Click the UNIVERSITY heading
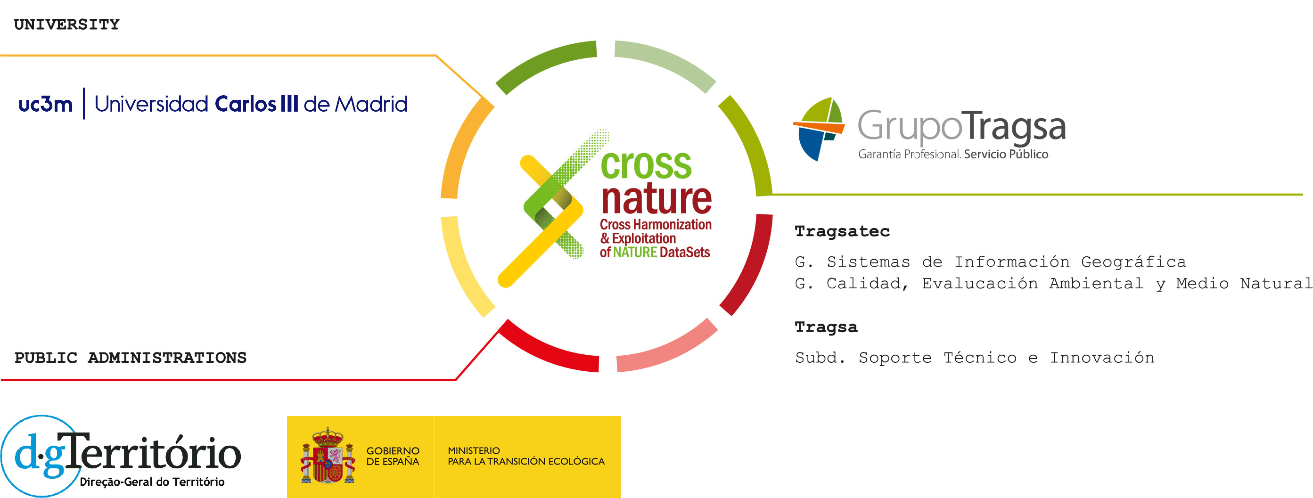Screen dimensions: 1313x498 67,24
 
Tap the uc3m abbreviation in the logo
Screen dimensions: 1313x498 45,104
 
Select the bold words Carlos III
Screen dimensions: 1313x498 256,104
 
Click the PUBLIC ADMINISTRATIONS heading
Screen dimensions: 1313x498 131,358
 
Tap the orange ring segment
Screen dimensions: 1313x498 461,148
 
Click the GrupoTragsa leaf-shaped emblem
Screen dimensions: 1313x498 818,129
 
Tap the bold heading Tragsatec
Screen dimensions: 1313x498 842,231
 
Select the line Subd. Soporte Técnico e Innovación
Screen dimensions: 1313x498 975,358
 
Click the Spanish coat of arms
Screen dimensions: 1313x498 328,456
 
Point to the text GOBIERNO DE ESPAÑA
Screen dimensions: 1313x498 393,456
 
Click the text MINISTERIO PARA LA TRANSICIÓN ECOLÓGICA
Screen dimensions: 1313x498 526,456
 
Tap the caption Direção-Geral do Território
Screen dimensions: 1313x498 152,482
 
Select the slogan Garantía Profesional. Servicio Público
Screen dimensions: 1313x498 953,155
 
